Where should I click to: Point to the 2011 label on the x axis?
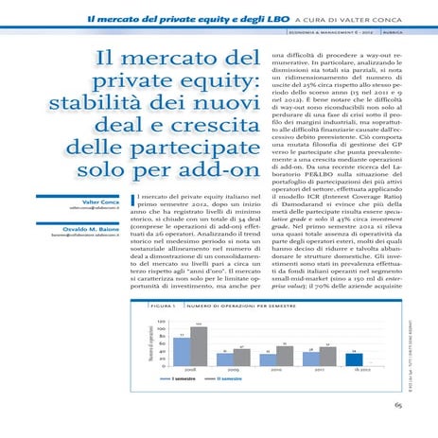click(318, 370)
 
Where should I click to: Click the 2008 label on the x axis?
click(188, 370)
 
